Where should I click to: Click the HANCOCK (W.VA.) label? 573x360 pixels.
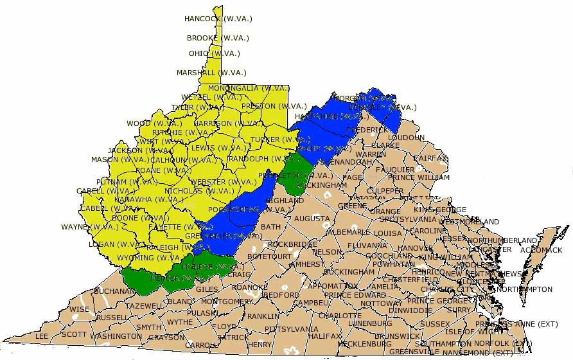pos(218,19)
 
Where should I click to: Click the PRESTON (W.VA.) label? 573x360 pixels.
pos(274,106)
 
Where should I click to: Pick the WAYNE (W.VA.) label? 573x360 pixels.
pos(89,226)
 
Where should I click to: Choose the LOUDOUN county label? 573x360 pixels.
pos(406,138)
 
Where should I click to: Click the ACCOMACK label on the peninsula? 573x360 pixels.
pos(541,250)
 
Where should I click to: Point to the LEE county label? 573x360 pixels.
pos(42,336)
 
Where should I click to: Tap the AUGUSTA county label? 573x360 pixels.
pos(312,219)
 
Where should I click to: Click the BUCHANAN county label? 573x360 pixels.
pos(114,291)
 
